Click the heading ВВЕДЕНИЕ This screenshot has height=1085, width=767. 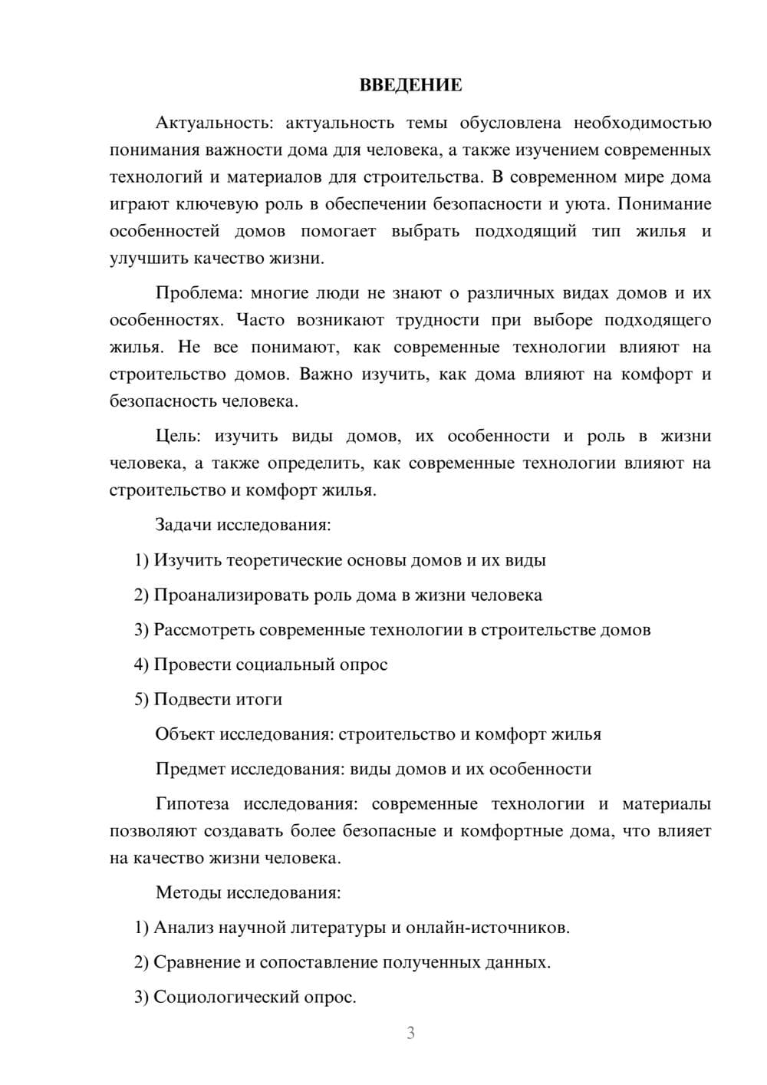(x=410, y=85)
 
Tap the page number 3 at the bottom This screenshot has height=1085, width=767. (x=410, y=1033)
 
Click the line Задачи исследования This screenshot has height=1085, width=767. (x=243, y=525)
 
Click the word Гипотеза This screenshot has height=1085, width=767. (x=192, y=803)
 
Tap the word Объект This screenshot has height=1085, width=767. (x=185, y=734)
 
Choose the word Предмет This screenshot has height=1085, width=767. (x=190, y=769)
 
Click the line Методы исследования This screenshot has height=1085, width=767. (x=248, y=892)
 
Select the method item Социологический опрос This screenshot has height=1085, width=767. (x=255, y=997)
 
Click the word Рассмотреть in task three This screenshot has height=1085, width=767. (x=204, y=630)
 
